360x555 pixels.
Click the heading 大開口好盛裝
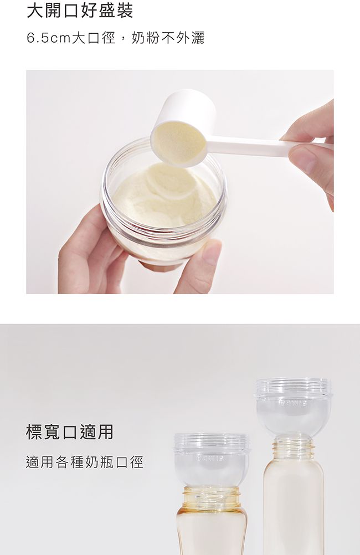pyautogui.click(x=80, y=11)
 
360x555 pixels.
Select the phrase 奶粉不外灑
pyautogui.click(x=168, y=38)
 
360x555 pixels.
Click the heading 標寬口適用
pyautogui.click(x=70, y=432)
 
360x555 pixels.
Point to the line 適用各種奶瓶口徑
pyautogui.click(x=85, y=462)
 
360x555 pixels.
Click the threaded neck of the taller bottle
pyautogui.click(x=293, y=448)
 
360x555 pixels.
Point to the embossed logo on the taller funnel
pyautogui.click(x=294, y=403)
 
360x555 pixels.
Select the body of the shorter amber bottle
pyautogui.click(x=212, y=531)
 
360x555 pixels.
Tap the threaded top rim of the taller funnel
pyautogui.click(x=293, y=386)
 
